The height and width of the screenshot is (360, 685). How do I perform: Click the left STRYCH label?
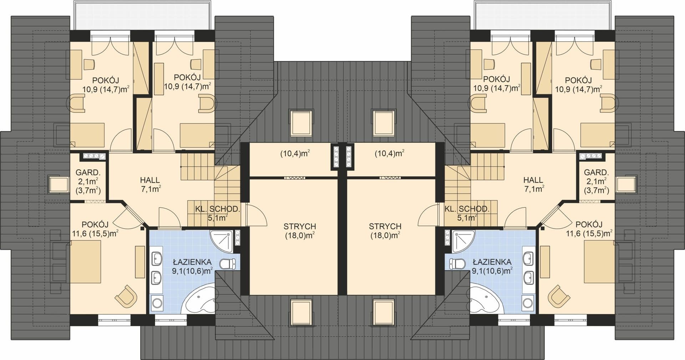(300, 226)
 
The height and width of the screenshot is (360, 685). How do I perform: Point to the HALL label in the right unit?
(533, 180)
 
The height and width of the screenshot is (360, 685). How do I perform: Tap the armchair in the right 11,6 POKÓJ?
(559, 296)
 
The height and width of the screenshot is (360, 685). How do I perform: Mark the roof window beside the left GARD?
(59, 185)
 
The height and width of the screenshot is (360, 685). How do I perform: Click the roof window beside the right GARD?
(626, 185)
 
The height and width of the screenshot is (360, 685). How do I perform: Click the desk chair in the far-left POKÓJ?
(89, 64)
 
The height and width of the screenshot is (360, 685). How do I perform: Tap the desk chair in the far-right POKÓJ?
(597, 64)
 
